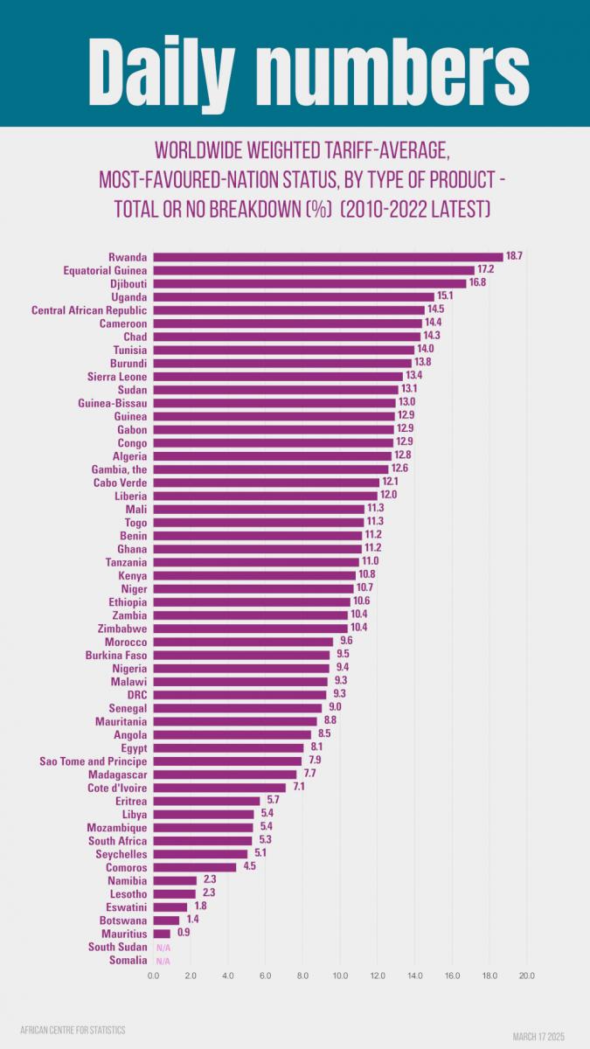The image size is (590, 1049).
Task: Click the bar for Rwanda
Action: tap(328, 257)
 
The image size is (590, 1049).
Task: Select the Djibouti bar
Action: tap(309, 283)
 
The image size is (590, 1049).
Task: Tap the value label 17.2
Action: tap(487, 270)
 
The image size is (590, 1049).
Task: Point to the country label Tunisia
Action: tap(129, 350)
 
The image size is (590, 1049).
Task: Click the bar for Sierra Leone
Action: tap(278, 376)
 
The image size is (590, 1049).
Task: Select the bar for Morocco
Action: tap(243, 642)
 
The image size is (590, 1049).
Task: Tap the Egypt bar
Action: tap(228, 748)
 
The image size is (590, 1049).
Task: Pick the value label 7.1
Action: tap(299, 788)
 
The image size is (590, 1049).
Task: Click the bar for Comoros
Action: tap(195, 867)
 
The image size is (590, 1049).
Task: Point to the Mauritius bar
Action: tap(162, 934)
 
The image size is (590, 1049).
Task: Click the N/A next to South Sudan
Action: tap(163, 948)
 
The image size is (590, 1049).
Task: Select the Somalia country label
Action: tap(128, 960)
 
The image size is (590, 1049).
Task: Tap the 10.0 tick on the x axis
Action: tap(340, 975)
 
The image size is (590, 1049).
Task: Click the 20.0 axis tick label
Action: tap(526, 975)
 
